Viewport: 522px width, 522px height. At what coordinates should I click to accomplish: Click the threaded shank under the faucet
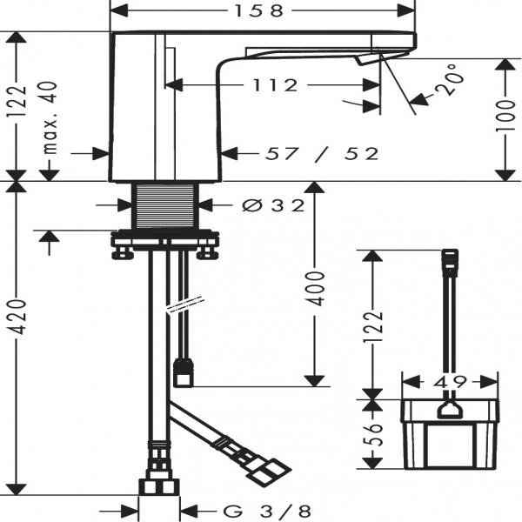168,206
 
